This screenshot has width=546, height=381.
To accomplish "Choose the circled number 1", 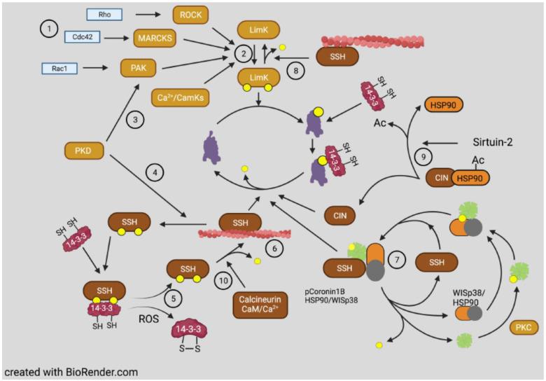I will tap(49, 29).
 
